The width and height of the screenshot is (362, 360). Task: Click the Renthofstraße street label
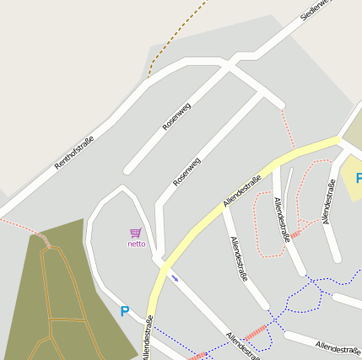tap(73, 153)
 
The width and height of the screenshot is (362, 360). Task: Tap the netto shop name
tap(136, 244)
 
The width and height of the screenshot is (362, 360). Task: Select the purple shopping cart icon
tap(135, 233)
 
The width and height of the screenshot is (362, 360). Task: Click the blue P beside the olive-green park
tap(125, 312)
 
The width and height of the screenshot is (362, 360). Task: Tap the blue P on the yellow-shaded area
tap(358, 178)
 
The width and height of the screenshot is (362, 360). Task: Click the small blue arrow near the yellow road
tap(175, 277)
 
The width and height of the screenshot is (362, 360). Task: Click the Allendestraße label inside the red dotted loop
tap(281, 219)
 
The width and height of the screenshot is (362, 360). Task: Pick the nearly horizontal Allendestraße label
tap(338, 347)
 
